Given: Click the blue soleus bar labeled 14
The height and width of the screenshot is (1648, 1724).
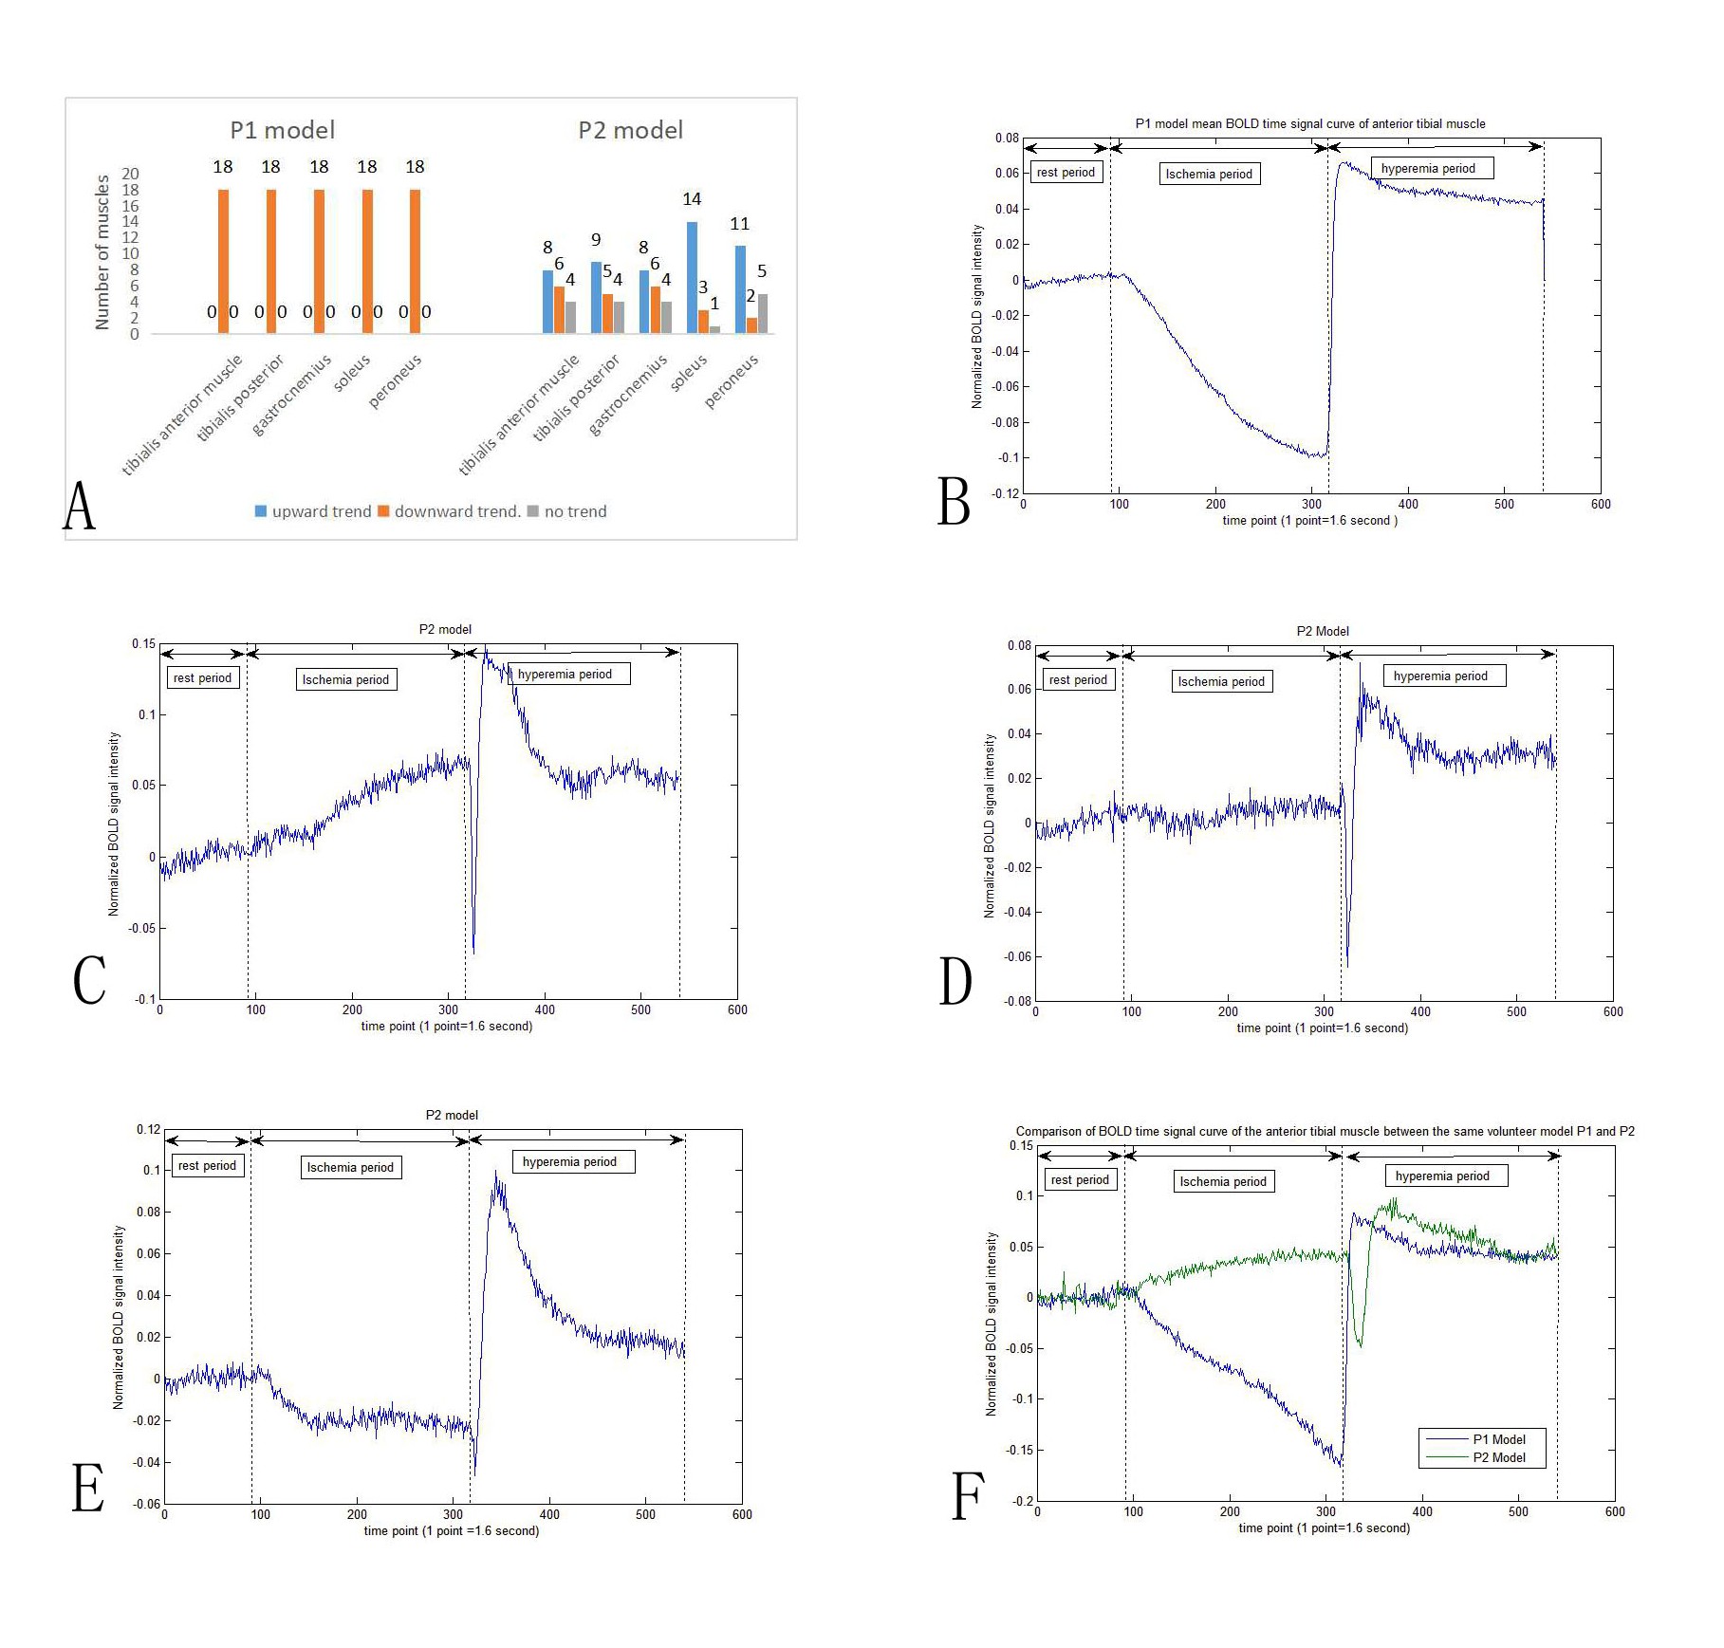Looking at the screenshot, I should [692, 277].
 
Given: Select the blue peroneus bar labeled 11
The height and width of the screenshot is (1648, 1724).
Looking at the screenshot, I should [740, 289].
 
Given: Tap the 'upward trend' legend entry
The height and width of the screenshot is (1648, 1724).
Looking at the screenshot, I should [312, 511].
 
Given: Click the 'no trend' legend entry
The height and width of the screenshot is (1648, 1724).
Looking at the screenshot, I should [566, 511].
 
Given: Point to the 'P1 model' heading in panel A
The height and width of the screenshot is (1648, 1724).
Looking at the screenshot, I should [282, 130].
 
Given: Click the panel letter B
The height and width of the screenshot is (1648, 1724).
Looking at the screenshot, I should [954, 501].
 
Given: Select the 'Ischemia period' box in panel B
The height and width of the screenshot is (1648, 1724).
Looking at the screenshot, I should [1209, 174].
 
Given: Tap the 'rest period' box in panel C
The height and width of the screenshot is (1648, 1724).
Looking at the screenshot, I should [202, 678].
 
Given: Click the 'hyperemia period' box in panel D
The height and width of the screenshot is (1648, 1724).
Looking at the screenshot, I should [1440, 676].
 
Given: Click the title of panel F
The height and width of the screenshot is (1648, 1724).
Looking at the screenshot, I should [1325, 1131].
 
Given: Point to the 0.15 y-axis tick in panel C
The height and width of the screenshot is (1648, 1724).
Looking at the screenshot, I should [143, 644].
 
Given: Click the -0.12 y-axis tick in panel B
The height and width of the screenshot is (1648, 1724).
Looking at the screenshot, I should [1005, 493].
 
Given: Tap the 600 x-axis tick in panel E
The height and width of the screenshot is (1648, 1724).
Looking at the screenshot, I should [742, 1514].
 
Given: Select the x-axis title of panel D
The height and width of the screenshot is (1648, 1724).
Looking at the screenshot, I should [1322, 1028].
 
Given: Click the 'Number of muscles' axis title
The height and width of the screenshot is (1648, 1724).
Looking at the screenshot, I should [102, 252].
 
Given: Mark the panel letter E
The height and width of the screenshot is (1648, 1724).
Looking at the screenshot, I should [88, 1488].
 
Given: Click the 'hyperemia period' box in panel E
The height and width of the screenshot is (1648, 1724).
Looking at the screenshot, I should [569, 1162].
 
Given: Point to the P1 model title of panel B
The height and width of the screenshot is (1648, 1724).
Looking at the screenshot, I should [1309, 123].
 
